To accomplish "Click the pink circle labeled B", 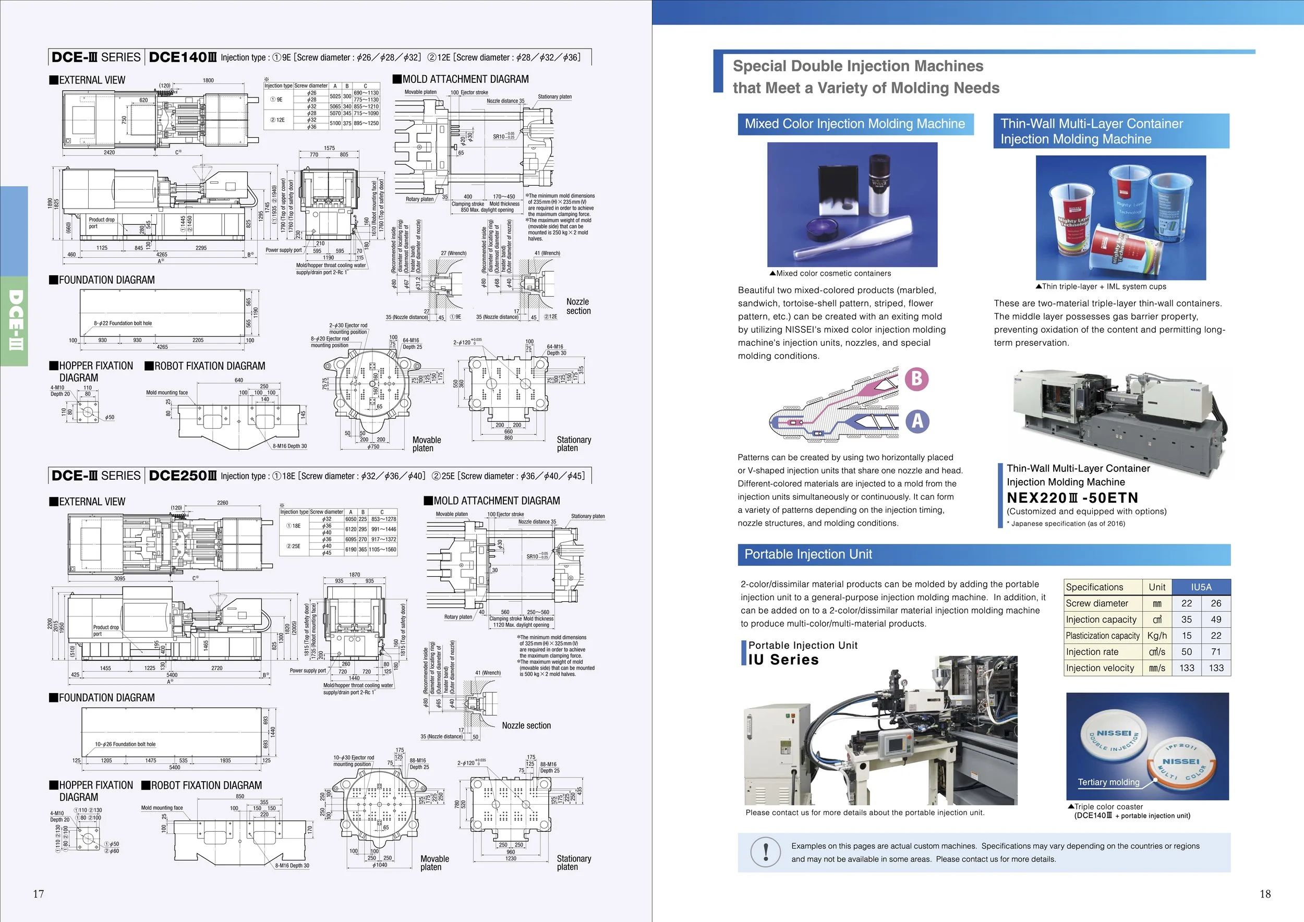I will [916, 379].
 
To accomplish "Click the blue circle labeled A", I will [917, 421].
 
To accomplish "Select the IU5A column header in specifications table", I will [1201, 587].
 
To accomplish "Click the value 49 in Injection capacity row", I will [1215, 620].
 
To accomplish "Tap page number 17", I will [38, 894].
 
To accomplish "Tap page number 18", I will [1265, 894].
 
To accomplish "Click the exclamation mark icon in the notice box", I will [766, 852].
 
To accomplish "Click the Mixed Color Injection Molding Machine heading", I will [855, 124].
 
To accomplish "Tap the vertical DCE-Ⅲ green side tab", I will [14, 320].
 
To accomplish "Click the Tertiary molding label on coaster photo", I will [1108, 782].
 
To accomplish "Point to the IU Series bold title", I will [783, 660].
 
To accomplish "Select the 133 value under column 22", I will [1187, 668].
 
